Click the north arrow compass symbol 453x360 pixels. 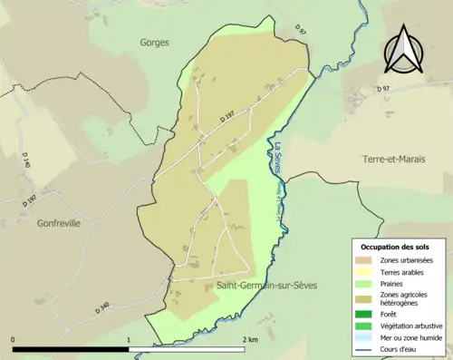coord(406,49)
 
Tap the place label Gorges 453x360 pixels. coord(155,42)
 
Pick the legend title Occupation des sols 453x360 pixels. coord(395,247)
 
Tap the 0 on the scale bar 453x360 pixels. coord(13,339)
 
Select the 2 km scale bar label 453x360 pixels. coord(250,339)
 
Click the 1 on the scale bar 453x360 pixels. coord(130,339)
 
